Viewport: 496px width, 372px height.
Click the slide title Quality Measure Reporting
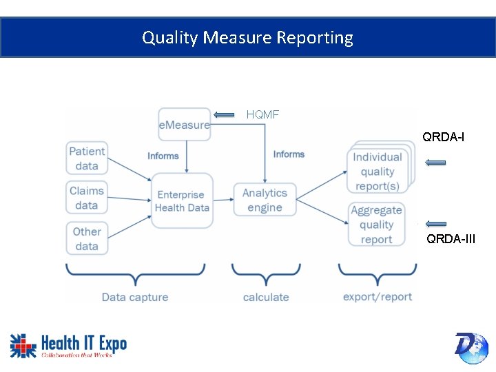click(x=247, y=37)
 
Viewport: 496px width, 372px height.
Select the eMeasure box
click(x=184, y=125)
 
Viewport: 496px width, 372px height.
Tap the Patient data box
click(x=87, y=158)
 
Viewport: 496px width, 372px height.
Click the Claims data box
click(x=87, y=198)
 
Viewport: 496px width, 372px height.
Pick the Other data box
click(x=87, y=238)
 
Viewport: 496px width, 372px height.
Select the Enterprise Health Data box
click(x=182, y=200)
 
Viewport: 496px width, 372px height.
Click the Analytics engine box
click(x=265, y=200)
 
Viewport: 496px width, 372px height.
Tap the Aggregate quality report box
click(x=376, y=225)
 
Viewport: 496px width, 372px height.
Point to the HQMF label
click(x=262, y=114)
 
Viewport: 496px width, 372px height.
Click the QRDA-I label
click(x=443, y=137)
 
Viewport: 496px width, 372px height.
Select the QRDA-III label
click(x=451, y=239)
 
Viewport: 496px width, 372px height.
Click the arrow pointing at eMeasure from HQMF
click(x=224, y=115)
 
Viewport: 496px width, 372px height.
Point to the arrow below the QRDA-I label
click(x=435, y=163)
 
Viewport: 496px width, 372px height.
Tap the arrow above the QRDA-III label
click(x=435, y=223)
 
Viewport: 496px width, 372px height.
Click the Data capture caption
click(x=135, y=297)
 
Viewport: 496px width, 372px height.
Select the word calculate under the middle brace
click(x=266, y=297)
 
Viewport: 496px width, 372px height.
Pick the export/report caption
click(x=378, y=296)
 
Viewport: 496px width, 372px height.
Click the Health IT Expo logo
click(x=68, y=345)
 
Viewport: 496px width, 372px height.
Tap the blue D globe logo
click(x=471, y=347)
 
